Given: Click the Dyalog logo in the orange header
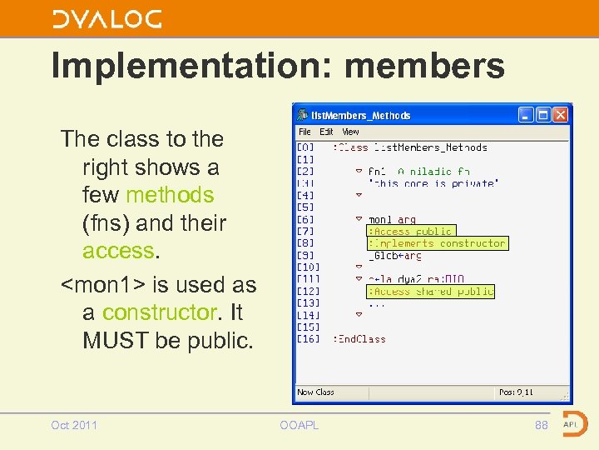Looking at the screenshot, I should [x=107, y=19].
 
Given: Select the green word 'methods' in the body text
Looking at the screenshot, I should [x=170, y=195].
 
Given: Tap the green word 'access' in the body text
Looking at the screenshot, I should [x=118, y=251].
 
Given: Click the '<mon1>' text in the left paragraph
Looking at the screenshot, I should [x=102, y=285].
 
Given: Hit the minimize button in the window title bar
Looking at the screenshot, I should [x=526, y=115].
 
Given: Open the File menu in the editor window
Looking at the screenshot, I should [x=304, y=132].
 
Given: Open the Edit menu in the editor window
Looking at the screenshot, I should [x=326, y=132].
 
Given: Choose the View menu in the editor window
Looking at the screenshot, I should [x=351, y=132].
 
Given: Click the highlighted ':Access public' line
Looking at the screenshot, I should [x=412, y=231].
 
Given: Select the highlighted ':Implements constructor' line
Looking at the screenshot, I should [x=437, y=243].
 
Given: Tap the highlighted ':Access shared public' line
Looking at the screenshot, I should [x=431, y=291].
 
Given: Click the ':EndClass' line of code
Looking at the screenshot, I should [x=359, y=339].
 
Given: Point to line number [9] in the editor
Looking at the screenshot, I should [x=305, y=255].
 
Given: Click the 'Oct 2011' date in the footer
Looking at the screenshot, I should [x=74, y=425].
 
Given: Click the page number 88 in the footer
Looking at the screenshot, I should [x=542, y=425].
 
